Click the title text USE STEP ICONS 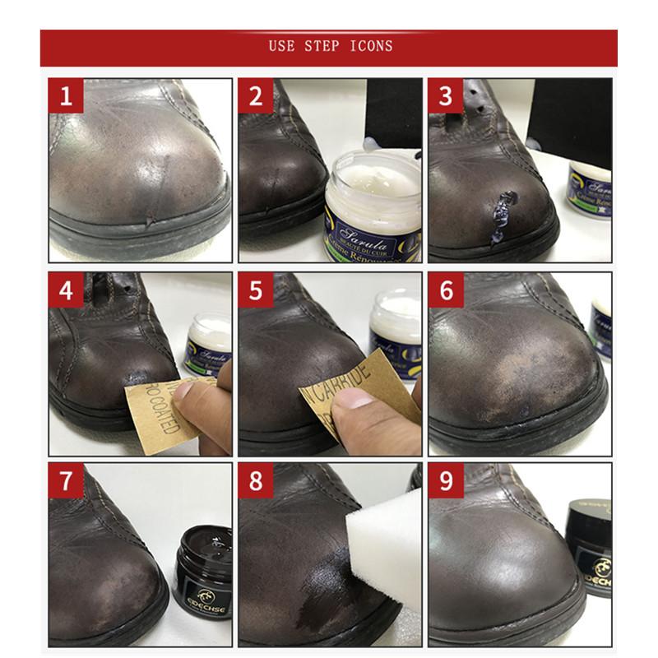point(330,46)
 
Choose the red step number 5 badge point(256,290)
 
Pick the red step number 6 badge point(445,290)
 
